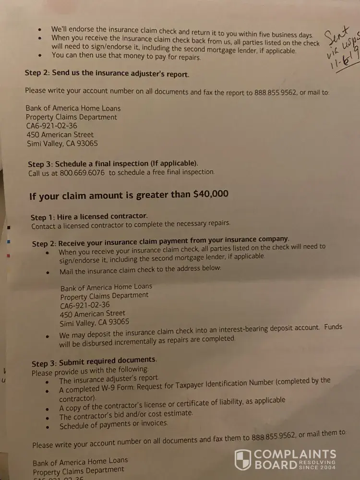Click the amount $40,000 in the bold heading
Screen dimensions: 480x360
211,194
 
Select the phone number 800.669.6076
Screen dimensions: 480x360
82,172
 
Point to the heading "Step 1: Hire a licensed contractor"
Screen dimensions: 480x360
89,217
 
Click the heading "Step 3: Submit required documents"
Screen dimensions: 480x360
94,360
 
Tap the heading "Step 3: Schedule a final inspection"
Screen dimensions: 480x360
113,164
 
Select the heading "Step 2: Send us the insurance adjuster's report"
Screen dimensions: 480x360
107,73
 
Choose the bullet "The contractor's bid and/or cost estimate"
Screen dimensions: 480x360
126,414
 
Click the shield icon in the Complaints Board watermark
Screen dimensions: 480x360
243,460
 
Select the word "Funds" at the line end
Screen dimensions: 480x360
333,326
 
